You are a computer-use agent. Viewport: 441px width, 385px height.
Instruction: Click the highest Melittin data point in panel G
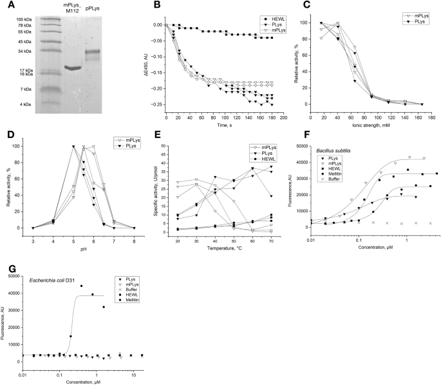(x=81, y=286)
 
